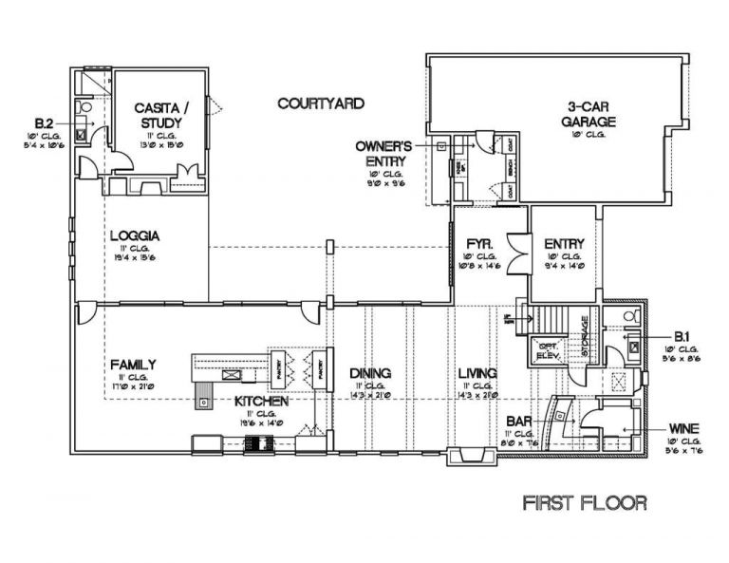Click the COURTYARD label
[320, 102]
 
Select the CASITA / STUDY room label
[160, 116]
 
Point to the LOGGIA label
[133, 235]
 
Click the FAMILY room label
[133, 364]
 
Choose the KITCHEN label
[262, 403]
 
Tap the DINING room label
[370, 373]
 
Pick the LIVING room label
[477, 373]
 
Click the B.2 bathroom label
[44, 124]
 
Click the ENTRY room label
[564, 244]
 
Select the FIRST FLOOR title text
[586, 502]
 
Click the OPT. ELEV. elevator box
[547, 349]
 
